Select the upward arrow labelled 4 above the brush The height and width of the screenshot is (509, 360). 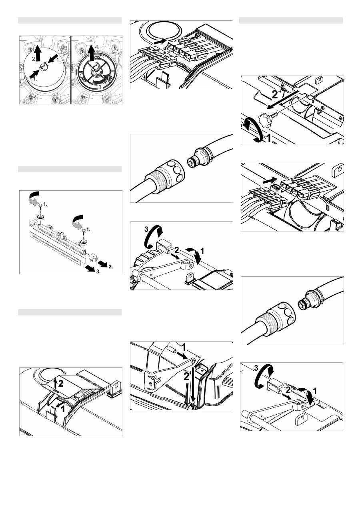pos(92,53)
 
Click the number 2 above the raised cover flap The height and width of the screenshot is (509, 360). pos(61,384)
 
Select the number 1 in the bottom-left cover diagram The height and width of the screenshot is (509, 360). pos(63,409)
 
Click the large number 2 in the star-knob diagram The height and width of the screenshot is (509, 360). pos(275,94)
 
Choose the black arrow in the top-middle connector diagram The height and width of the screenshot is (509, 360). pos(160,42)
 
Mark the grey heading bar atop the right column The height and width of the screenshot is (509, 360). pos(291,20)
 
